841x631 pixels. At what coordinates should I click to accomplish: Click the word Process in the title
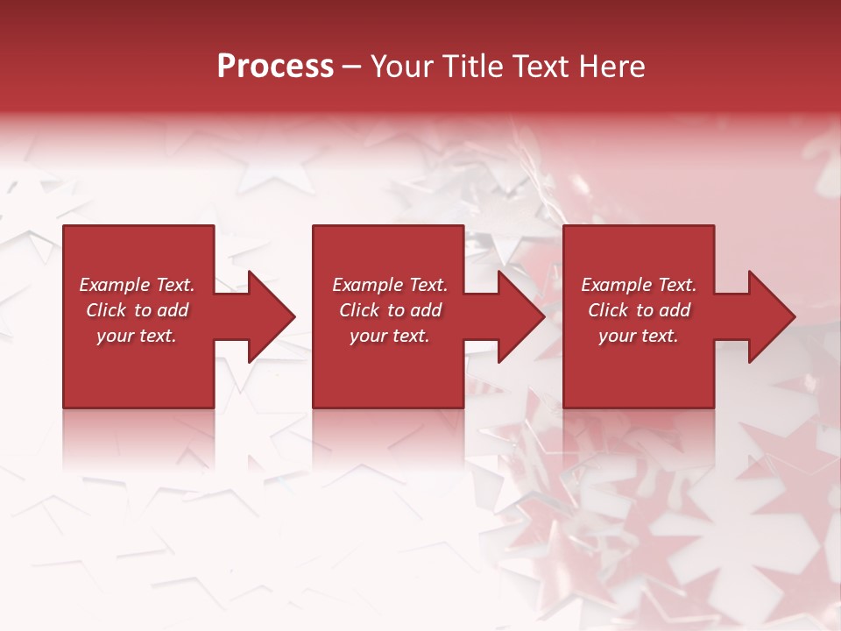275,67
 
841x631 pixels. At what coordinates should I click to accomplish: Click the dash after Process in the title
351,67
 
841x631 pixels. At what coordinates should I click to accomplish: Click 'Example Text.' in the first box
137,285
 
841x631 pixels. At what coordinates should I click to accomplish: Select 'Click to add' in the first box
137,310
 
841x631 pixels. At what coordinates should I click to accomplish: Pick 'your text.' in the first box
137,336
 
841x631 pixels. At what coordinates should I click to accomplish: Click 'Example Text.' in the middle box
390,285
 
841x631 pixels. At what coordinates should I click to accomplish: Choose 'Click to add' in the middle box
390,310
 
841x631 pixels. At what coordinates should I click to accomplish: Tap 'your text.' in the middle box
390,336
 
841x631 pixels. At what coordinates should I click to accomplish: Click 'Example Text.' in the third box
639,285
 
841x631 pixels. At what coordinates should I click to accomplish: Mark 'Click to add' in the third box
639,310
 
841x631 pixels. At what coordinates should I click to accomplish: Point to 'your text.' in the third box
639,336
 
